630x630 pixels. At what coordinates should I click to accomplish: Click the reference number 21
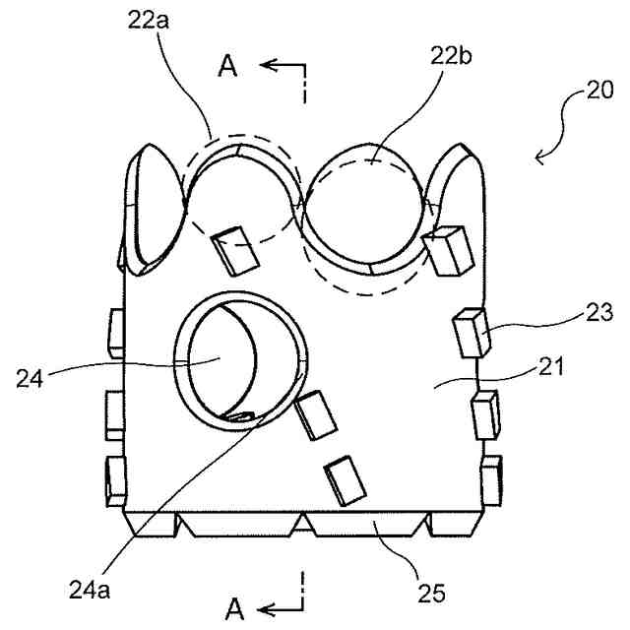[x=550, y=369]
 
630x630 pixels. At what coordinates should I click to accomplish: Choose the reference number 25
[x=430, y=593]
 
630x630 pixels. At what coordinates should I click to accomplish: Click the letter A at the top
[x=228, y=66]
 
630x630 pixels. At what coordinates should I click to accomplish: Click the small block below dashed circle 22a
[x=234, y=250]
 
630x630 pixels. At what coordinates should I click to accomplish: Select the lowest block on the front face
[x=341, y=481]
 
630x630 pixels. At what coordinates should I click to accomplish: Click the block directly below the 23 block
[x=485, y=412]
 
